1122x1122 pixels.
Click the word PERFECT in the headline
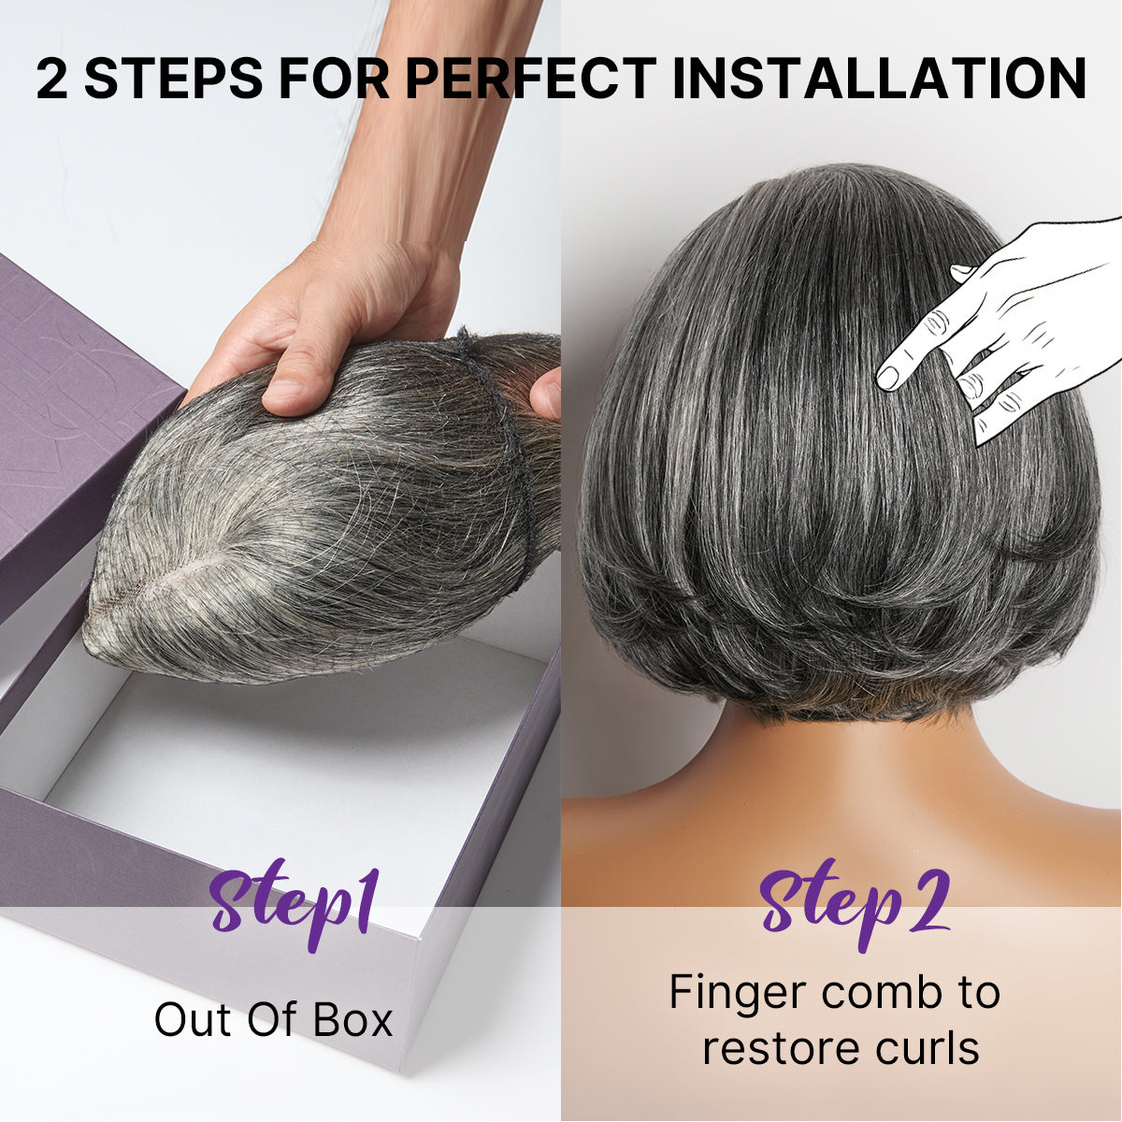tap(530, 79)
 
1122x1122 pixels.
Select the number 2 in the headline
tap(53, 79)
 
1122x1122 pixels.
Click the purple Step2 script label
tap(854, 900)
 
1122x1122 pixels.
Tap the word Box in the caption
tap(352, 1020)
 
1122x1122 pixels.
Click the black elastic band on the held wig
tap(510, 449)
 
